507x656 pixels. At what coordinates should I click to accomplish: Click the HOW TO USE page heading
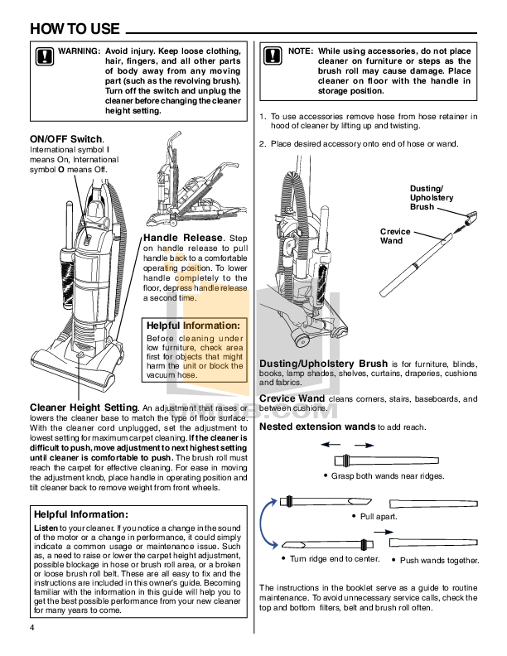75,28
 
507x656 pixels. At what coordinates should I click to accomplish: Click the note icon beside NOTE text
273,55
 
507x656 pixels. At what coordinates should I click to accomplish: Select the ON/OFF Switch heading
66,138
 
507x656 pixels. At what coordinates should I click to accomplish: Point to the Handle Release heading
183,238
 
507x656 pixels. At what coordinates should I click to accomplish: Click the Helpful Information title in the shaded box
194,326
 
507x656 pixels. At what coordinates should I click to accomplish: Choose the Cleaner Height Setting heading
84,408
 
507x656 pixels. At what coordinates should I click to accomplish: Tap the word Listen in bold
46,528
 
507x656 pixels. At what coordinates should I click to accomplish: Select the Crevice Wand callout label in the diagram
391,236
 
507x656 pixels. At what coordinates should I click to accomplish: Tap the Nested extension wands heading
318,427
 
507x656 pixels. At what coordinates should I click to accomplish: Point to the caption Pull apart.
379,516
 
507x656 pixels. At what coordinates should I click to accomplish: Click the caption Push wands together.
439,561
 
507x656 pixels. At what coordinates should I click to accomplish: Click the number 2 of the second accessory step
263,144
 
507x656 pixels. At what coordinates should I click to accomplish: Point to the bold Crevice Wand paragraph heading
292,398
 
